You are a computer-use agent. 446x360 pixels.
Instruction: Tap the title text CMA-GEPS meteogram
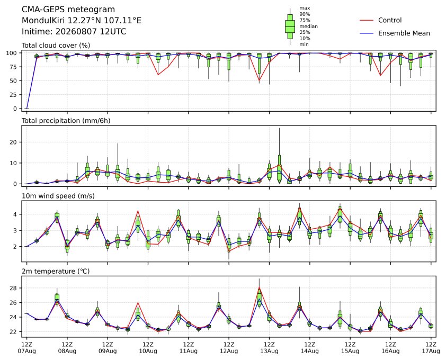click(x=68, y=10)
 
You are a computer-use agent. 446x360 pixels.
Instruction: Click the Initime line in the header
click(x=74, y=31)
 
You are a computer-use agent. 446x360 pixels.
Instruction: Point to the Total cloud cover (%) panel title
click(x=56, y=46)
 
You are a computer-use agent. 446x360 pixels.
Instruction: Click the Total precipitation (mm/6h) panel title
click(x=66, y=121)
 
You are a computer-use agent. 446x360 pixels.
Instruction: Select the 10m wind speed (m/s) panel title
click(x=58, y=196)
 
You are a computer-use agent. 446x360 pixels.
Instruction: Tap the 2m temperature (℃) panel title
click(x=56, y=271)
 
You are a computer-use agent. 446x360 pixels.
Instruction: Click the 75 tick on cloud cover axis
click(x=14, y=67)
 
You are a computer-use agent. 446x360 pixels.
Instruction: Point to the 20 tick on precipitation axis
click(x=14, y=142)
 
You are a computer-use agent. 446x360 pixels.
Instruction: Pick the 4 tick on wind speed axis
click(x=16, y=214)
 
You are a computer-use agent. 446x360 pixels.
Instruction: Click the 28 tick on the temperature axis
click(x=14, y=288)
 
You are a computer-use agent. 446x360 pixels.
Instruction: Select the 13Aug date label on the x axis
click(x=269, y=351)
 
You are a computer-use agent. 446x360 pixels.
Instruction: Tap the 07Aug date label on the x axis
click(x=26, y=351)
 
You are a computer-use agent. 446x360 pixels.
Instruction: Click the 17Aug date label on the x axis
click(x=431, y=351)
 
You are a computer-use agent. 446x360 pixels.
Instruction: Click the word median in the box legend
click(x=308, y=26)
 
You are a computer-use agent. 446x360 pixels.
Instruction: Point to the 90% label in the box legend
click(x=305, y=14)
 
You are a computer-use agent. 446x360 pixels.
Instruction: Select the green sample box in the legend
click(x=290, y=26)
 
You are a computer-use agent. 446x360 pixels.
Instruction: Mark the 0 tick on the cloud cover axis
click(x=16, y=109)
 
